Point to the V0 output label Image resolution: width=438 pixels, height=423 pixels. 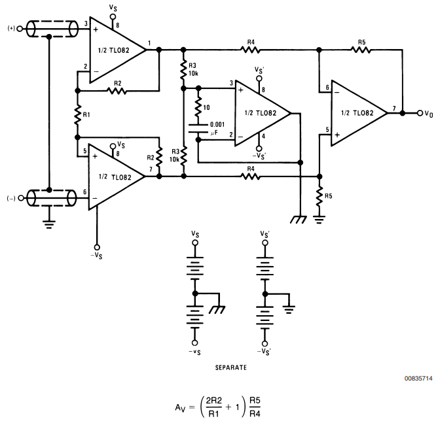(x=428, y=114)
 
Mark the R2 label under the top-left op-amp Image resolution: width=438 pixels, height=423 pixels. (x=118, y=83)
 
